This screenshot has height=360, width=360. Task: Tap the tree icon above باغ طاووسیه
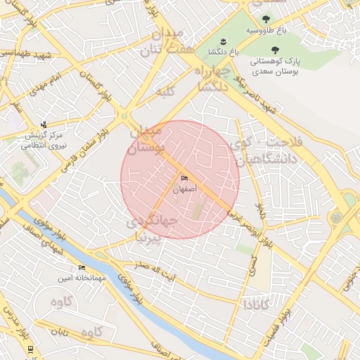[x=265, y=20]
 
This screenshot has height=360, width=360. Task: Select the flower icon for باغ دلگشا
[x=224, y=41]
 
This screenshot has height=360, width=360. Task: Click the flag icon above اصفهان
[x=185, y=179]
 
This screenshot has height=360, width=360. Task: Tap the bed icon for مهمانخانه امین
[x=82, y=268]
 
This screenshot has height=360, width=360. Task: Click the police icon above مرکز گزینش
[x=44, y=124]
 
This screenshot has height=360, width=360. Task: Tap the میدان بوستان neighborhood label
[x=146, y=139]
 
